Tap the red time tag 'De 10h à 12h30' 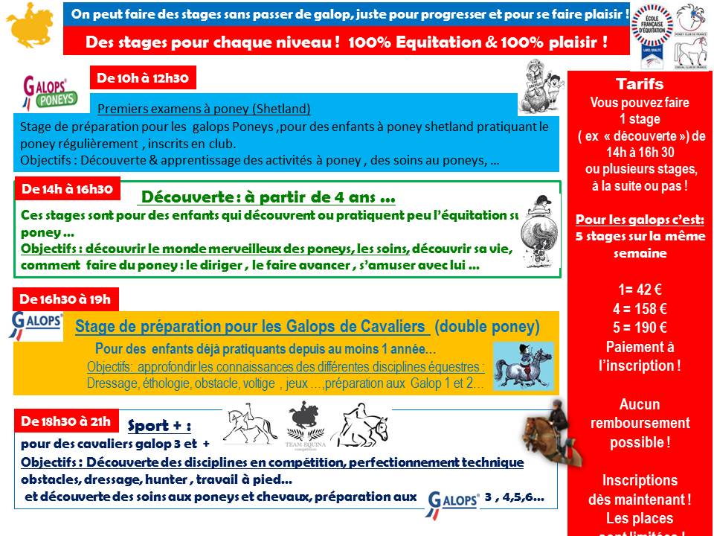[143, 77]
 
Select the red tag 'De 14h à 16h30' [66, 189]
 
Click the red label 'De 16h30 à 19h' [65, 299]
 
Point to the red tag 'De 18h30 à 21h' [66, 421]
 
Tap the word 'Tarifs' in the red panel [640, 84]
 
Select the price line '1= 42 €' [640, 290]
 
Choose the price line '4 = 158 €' [640, 309]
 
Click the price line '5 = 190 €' [640, 328]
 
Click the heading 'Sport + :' [159, 427]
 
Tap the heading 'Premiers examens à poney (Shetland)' [204, 108]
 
